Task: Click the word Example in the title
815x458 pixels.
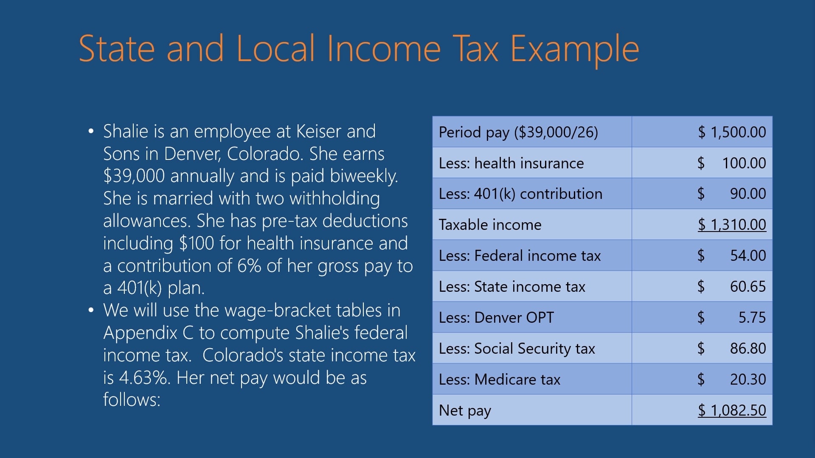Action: (574, 49)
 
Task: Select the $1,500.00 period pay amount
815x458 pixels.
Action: (732, 132)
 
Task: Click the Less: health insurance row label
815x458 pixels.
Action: (511, 163)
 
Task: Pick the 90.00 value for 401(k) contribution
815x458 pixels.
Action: (748, 194)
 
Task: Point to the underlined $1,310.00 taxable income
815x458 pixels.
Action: (732, 225)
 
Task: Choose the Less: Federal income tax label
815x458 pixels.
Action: (520, 256)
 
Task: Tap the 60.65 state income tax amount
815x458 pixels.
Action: (748, 287)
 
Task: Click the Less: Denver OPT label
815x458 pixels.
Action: (496, 318)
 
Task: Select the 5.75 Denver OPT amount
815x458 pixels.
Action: (752, 318)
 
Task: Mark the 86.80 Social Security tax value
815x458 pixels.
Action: (748, 349)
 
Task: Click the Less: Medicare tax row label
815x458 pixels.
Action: (500, 380)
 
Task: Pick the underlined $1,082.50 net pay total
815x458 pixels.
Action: (732, 411)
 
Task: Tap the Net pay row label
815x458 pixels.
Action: (465, 411)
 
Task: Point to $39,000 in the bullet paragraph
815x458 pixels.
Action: (134, 176)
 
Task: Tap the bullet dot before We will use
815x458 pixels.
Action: (91, 310)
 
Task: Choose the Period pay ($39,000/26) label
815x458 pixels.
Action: (518, 132)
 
